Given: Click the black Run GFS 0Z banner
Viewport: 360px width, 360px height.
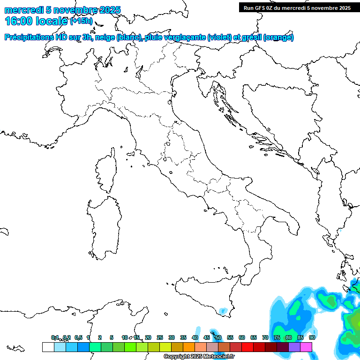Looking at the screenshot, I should [x=297, y=7].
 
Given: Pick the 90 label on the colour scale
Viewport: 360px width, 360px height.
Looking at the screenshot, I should [x=312, y=337].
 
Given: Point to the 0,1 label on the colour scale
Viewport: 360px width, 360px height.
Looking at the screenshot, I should [x=55, y=337].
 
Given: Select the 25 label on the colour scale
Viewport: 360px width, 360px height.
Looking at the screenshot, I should [x=160, y=337].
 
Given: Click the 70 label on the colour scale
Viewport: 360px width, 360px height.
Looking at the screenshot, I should [x=265, y=337].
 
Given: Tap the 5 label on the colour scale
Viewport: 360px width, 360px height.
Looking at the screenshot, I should [x=112, y=337].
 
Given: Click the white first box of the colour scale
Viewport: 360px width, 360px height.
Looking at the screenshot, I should [x=48, y=347].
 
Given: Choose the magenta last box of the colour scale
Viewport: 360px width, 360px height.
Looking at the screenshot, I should [x=306, y=347].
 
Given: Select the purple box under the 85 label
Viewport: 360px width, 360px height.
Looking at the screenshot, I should [x=294, y=347].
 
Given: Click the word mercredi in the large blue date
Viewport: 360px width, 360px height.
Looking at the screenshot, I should [x=23, y=10].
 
